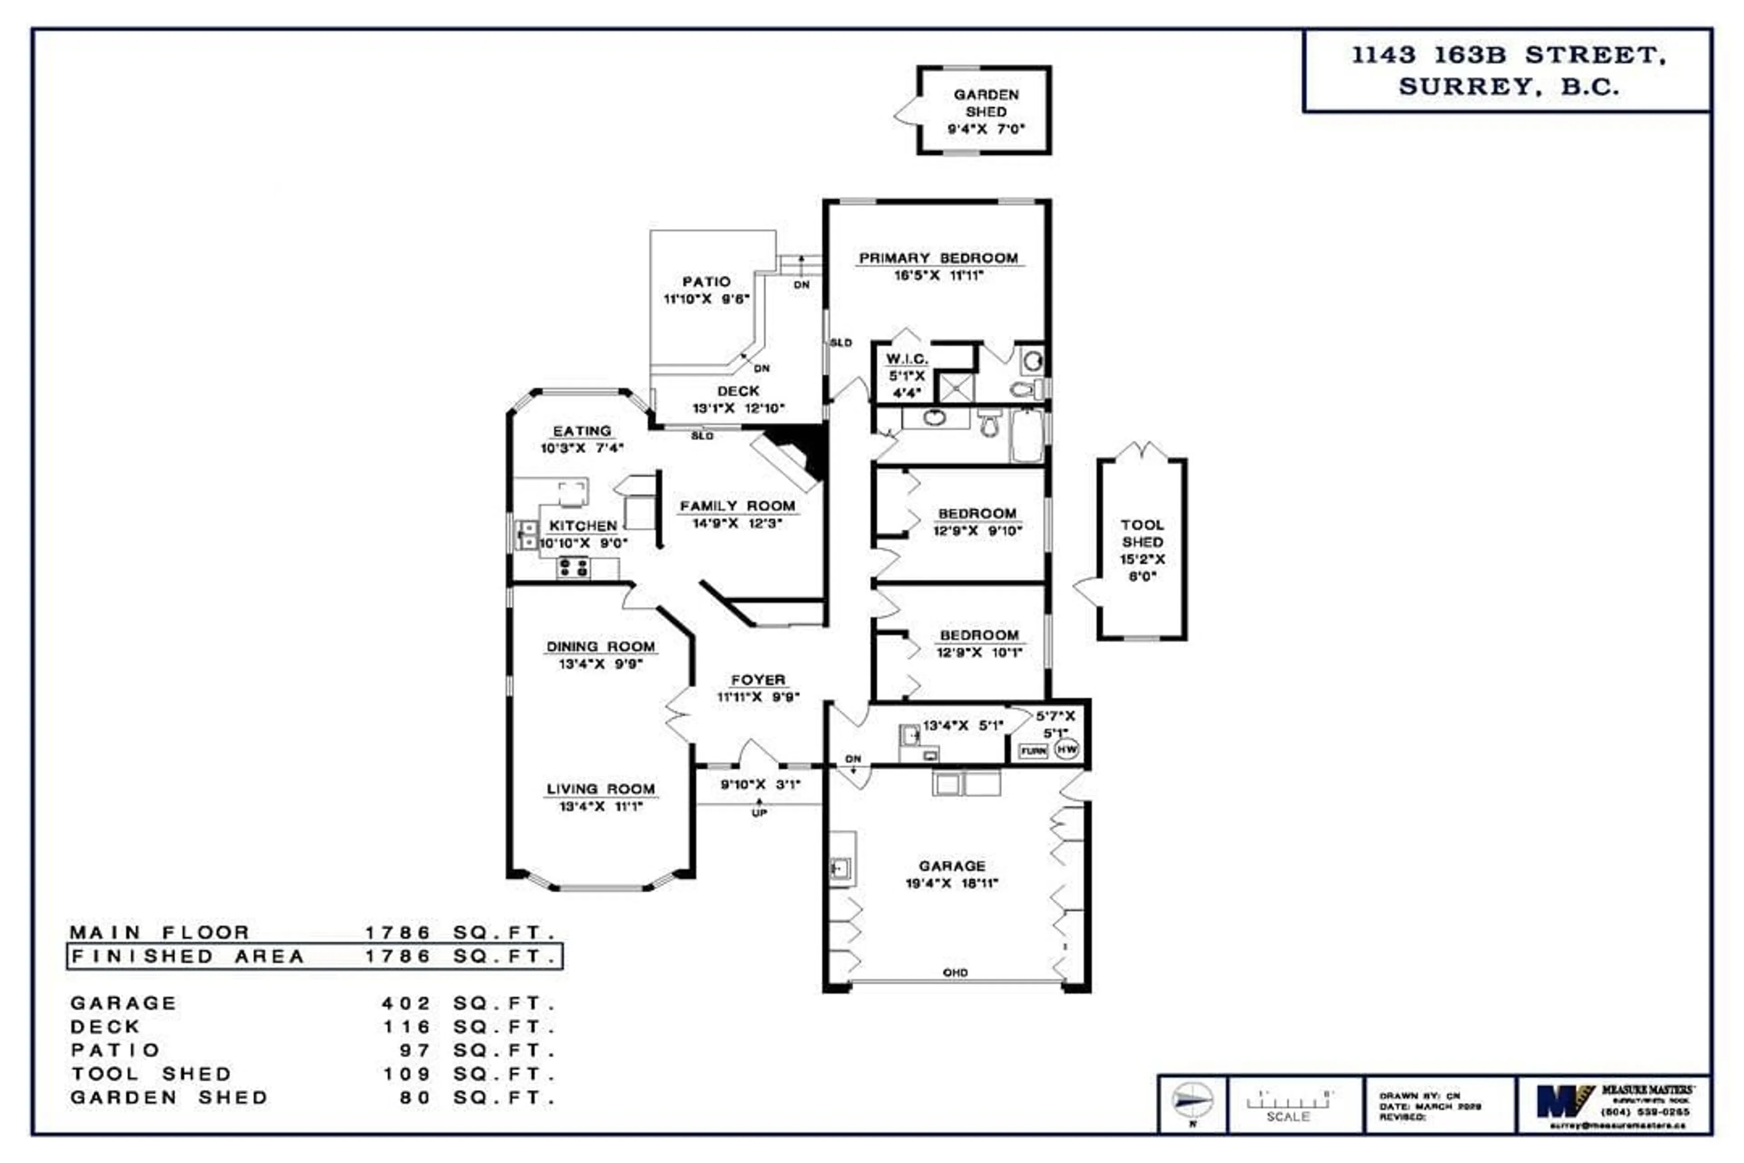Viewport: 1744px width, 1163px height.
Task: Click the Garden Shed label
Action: (x=986, y=103)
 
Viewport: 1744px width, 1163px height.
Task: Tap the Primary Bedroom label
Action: (x=938, y=258)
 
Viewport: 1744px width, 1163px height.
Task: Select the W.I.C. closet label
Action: (x=906, y=359)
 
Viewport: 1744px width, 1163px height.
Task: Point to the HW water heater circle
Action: (x=1066, y=750)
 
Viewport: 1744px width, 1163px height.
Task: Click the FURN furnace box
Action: (x=1033, y=751)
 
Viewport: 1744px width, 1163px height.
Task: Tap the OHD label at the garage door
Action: (x=955, y=972)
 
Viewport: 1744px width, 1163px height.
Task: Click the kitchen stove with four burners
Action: (x=573, y=568)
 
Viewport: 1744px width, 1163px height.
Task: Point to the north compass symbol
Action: (x=1192, y=1100)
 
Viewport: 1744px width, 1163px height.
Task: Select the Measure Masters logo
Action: (x=1565, y=1101)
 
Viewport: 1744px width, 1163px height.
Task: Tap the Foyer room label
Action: (x=758, y=680)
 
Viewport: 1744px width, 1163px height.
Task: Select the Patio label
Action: (x=706, y=282)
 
